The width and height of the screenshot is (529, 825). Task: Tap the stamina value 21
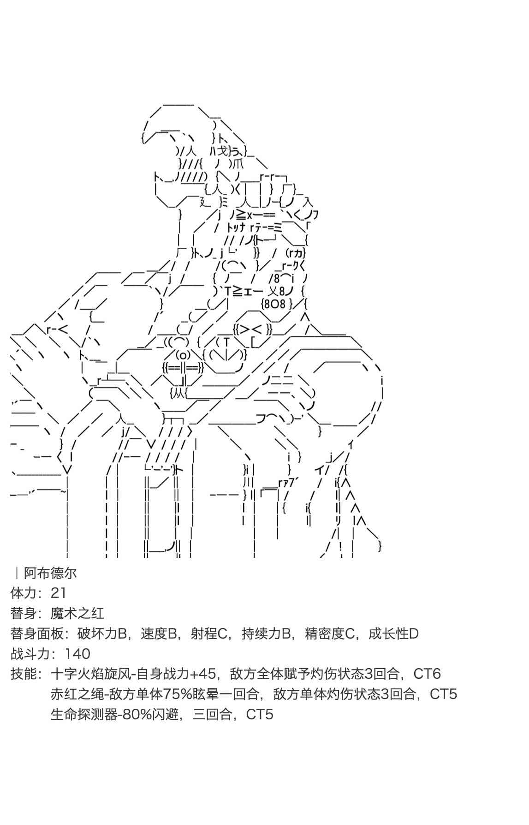click(59, 593)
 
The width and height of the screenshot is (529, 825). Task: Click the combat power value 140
click(77, 654)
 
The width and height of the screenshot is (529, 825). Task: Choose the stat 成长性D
click(393, 634)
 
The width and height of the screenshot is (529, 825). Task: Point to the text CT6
click(427, 674)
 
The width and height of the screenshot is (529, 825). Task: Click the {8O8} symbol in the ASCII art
click(276, 304)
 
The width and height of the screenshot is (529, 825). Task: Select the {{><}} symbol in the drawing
click(254, 329)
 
